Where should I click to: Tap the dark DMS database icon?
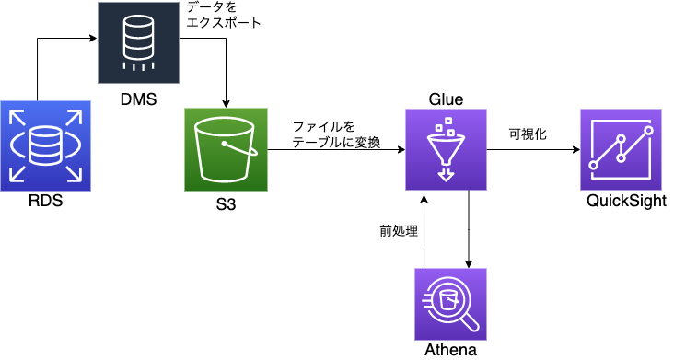[x=140, y=42]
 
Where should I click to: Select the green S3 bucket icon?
[x=226, y=149]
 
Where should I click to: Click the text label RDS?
[x=44, y=203]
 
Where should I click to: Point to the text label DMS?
[x=140, y=98]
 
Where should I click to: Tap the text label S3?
[x=226, y=204]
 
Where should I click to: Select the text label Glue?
[x=447, y=99]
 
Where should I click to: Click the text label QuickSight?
[x=624, y=202]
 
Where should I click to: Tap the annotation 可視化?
[x=528, y=134]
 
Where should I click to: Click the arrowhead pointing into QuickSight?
[x=575, y=149]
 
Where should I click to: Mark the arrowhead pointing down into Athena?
[x=470, y=264]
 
